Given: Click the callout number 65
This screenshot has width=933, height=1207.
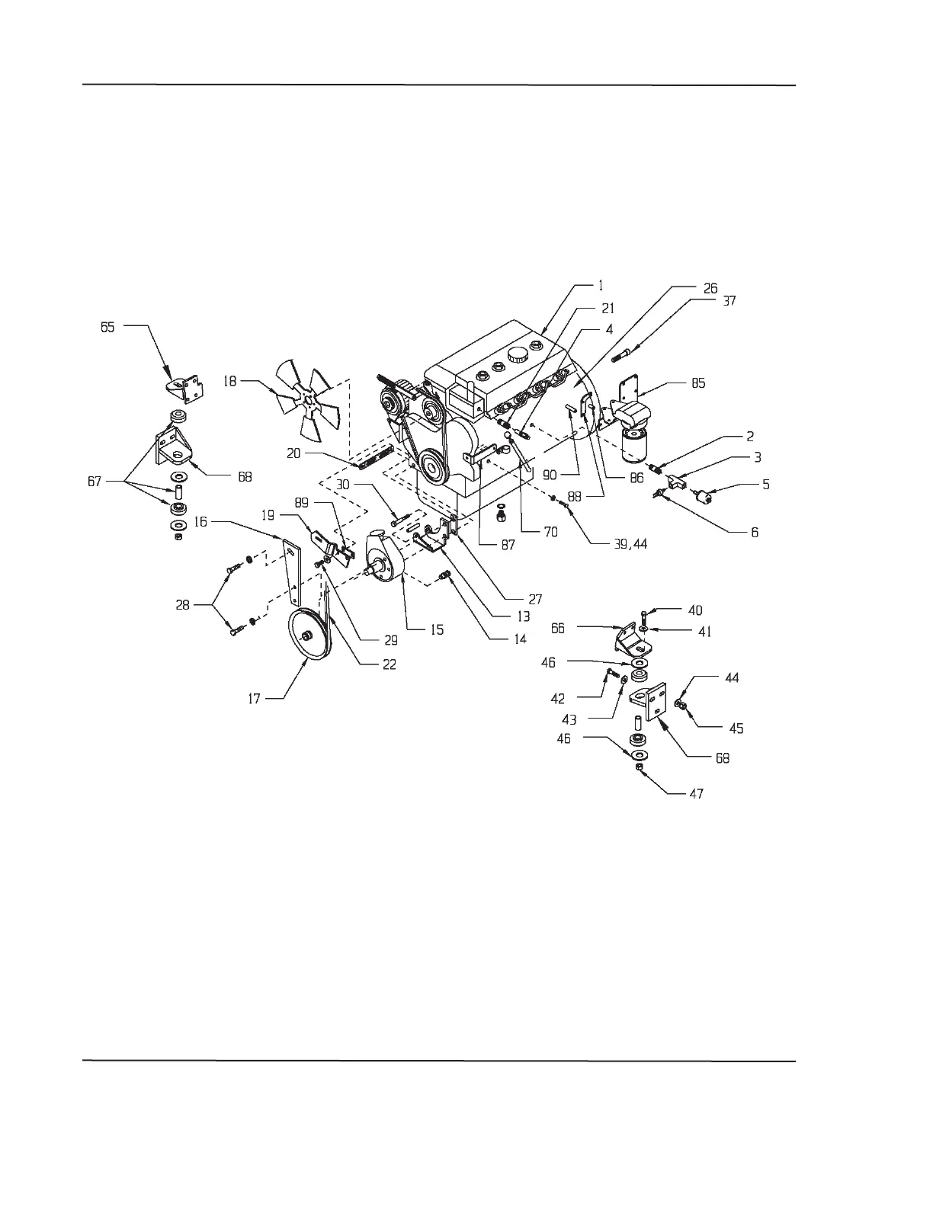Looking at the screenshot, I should [107, 326].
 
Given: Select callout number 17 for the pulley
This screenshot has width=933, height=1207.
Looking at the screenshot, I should [254, 698].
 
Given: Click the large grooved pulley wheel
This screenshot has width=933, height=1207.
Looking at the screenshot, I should [308, 635].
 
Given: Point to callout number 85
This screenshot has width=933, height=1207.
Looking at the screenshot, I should [698, 383].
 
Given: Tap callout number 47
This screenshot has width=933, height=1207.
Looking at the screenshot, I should [696, 794].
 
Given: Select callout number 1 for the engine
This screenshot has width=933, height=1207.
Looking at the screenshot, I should [601, 286].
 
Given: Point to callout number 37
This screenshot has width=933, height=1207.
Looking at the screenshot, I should [729, 301].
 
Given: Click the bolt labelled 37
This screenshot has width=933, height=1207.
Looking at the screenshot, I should [620, 354].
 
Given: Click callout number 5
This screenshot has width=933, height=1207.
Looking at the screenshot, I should [766, 484].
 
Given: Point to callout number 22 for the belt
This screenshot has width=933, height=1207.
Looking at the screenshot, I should [390, 664].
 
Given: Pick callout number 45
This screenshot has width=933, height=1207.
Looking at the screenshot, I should [736, 728].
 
